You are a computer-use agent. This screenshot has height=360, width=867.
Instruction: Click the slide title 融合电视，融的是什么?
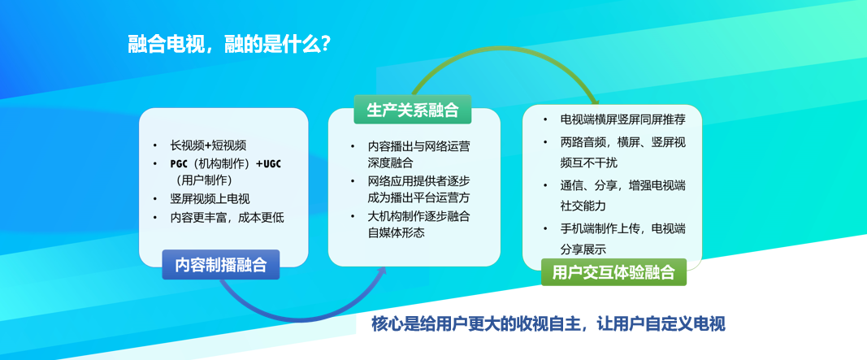pyautogui.click(x=229, y=44)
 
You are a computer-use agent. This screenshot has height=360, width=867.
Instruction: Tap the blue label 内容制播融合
pyautogui.click(x=221, y=265)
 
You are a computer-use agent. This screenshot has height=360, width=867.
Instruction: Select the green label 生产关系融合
pyautogui.click(x=413, y=110)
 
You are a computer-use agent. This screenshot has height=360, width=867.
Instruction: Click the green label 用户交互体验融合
pyautogui.click(x=613, y=272)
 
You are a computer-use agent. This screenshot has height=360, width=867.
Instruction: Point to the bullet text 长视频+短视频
pyautogui.click(x=209, y=146)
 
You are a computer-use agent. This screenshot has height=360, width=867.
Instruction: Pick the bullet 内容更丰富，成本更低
pyautogui.click(x=227, y=217)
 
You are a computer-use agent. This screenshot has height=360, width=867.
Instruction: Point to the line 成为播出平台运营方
pyautogui.click(x=418, y=197)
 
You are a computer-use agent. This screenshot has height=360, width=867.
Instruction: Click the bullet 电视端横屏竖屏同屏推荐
pyautogui.click(x=622, y=119)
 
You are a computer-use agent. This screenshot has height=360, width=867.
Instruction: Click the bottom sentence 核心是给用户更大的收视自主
pyautogui.click(x=477, y=324)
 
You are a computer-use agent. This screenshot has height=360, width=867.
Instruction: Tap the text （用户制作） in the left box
pyautogui.click(x=203, y=180)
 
